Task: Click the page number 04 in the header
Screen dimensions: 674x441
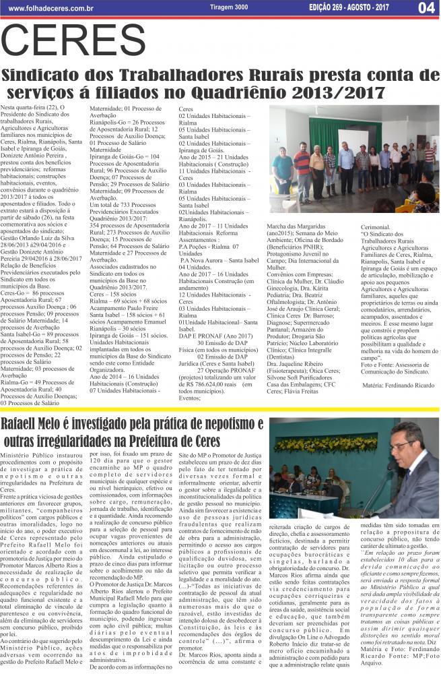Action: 425,8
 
